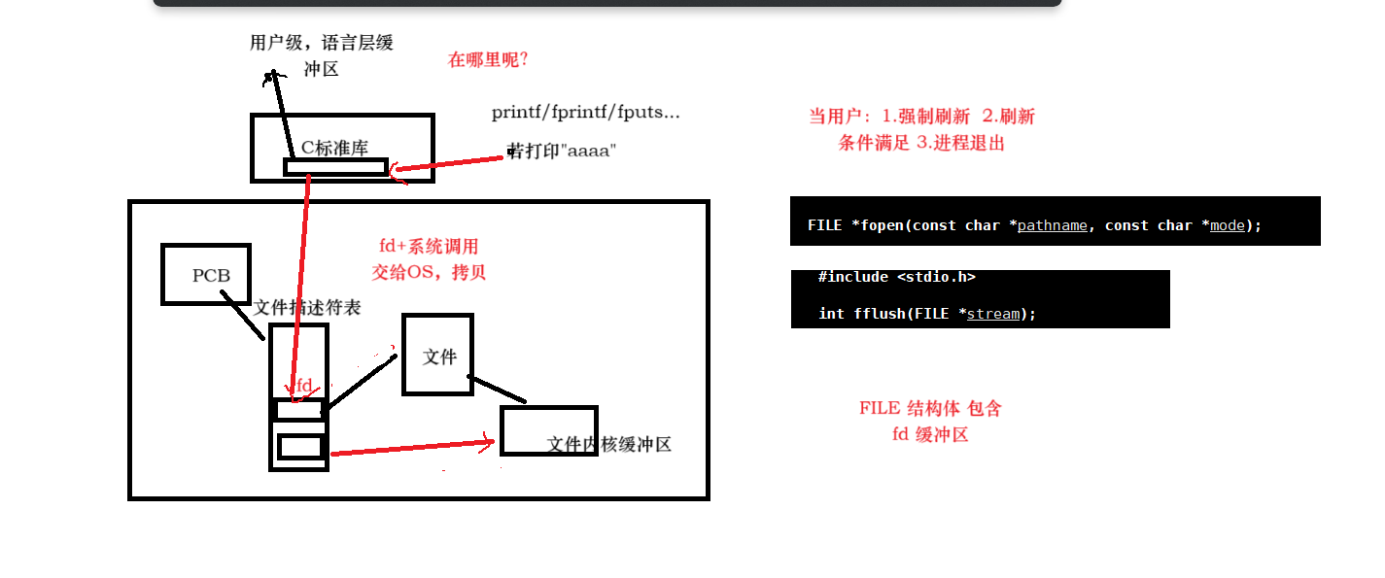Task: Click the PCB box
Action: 206,275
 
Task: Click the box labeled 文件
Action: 438,356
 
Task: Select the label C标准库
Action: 334,148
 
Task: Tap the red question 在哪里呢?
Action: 487,59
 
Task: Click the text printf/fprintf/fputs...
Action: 585,113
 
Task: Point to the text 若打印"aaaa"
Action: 563,151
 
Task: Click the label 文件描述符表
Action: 307,307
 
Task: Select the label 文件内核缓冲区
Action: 608,444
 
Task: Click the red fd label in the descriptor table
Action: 303,386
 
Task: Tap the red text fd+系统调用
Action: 429,247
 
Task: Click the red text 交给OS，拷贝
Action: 429,272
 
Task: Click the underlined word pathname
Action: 1052,225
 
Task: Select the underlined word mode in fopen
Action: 1227,225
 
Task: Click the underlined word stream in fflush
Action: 993,314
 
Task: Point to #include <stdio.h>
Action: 896,277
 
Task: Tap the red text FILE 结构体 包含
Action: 930,408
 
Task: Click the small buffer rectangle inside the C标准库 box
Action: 335,167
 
